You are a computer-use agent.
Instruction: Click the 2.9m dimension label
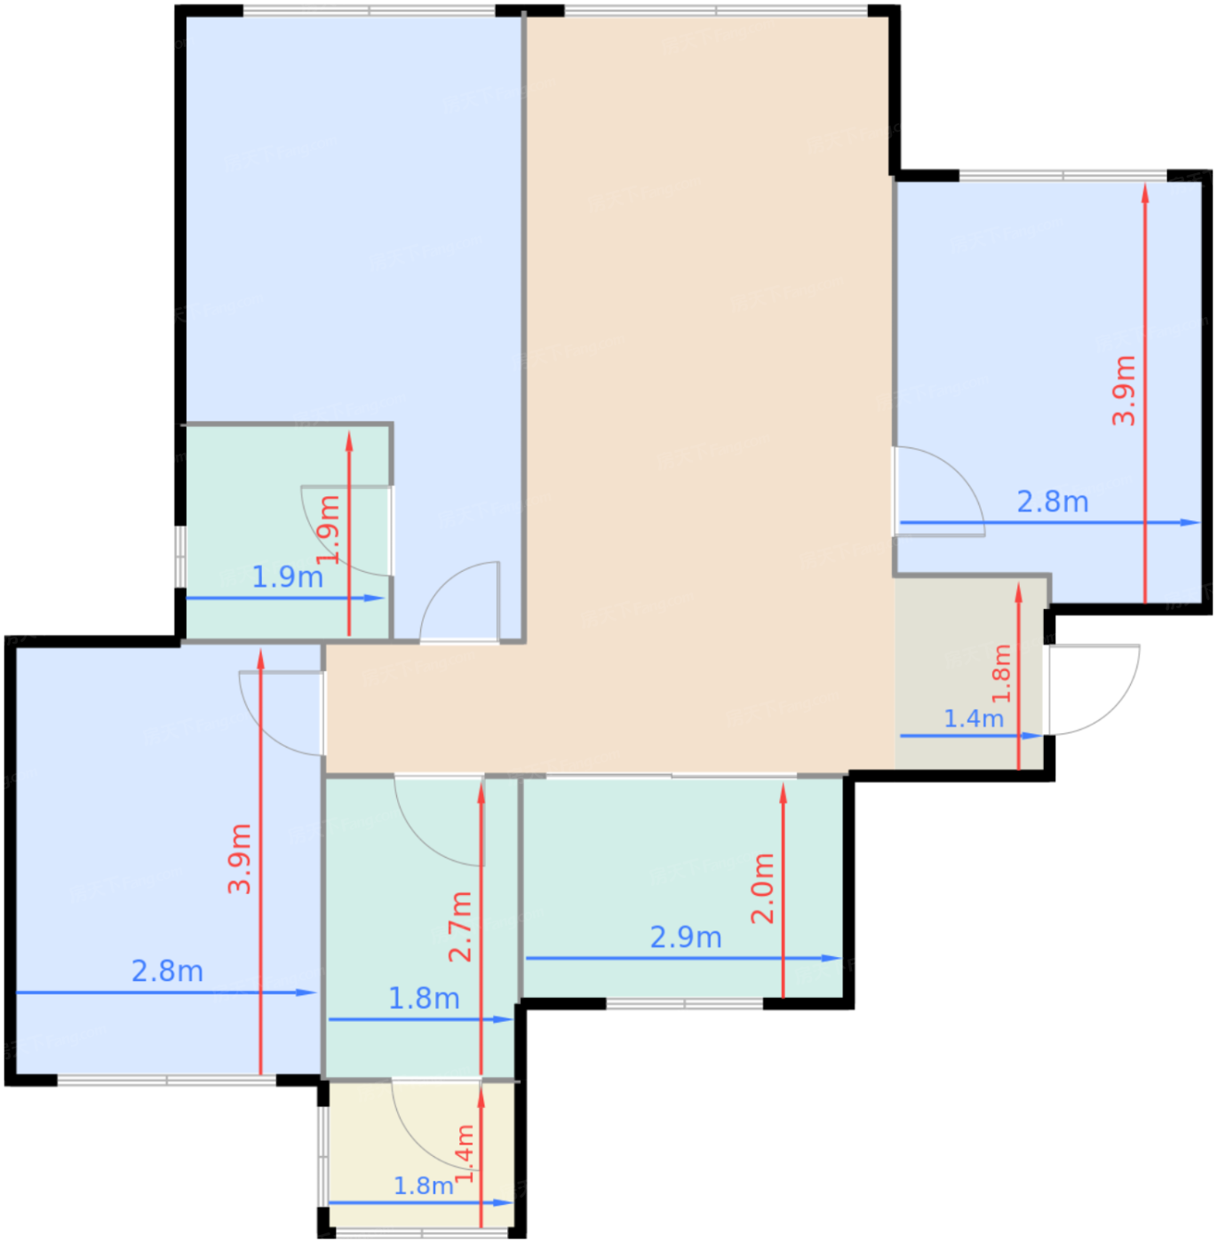(x=686, y=938)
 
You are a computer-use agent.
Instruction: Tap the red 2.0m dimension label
(x=762, y=889)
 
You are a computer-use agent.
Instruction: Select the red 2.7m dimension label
(x=460, y=927)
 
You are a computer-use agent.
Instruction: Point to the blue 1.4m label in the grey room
(x=974, y=718)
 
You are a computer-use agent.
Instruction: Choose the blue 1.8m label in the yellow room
(x=423, y=1186)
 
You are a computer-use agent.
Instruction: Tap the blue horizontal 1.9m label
(x=288, y=577)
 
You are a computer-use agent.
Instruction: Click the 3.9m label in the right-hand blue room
(x=1124, y=391)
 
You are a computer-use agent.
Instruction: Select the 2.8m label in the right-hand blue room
(x=1053, y=502)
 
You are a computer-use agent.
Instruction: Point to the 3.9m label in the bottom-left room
(x=240, y=859)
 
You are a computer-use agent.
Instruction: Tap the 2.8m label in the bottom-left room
(x=168, y=971)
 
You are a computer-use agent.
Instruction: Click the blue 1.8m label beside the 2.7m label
(x=424, y=998)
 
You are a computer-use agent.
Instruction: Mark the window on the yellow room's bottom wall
(x=423, y=1232)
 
